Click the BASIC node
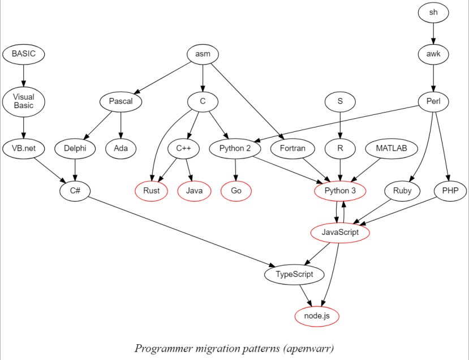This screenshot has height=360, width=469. pyautogui.click(x=23, y=54)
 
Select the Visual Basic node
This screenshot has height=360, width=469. pyautogui.click(x=23, y=101)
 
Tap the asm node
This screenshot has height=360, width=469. pyautogui.click(x=203, y=54)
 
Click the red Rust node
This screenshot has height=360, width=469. pyautogui.click(x=151, y=191)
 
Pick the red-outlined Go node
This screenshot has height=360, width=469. pyautogui.click(x=236, y=191)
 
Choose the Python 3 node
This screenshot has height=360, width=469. pyautogui.click(x=340, y=191)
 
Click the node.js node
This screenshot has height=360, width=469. pyautogui.click(x=317, y=316)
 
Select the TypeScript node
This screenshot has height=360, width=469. pyautogui.click(x=294, y=275)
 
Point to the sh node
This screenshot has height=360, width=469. pyautogui.click(x=433, y=12)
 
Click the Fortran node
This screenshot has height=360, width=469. pyautogui.click(x=292, y=149)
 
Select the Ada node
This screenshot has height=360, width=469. pyautogui.click(x=121, y=149)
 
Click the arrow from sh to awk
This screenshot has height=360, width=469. pyautogui.click(x=433, y=33)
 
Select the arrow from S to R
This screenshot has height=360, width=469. pyautogui.click(x=340, y=125)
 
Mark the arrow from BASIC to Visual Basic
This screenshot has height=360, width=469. pyautogui.click(x=23, y=74)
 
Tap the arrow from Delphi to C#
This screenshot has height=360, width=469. pyautogui.click(x=76, y=169)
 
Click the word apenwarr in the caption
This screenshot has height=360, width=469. pyautogui.click(x=313, y=348)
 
